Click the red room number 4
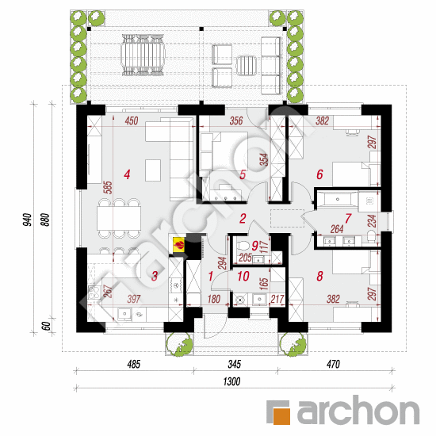pyautogui.click(x=127, y=174)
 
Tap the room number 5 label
pyautogui.click(x=243, y=174)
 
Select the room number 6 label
pyautogui.click(x=319, y=174)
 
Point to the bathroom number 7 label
pyautogui.click(x=348, y=218)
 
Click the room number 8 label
pyautogui.click(x=319, y=276)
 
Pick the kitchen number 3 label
pyautogui.click(x=155, y=276)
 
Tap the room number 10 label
pyautogui.click(x=243, y=276)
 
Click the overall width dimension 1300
pyautogui.click(x=231, y=381)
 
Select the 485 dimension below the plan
pyautogui.click(x=134, y=364)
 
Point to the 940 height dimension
pyautogui.click(x=28, y=220)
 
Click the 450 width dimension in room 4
pyautogui.click(x=132, y=120)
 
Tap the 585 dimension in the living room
pyautogui.click(x=108, y=188)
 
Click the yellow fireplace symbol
pyautogui.click(x=178, y=245)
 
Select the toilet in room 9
pyautogui.click(x=243, y=246)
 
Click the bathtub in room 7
pyautogui.click(x=337, y=199)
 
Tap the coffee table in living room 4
pyautogui.click(x=153, y=170)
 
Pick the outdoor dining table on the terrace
pyautogui.click(x=143, y=55)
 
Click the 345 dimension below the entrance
pyautogui.click(x=234, y=364)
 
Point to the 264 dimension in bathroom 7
pyautogui.click(x=337, y=229)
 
